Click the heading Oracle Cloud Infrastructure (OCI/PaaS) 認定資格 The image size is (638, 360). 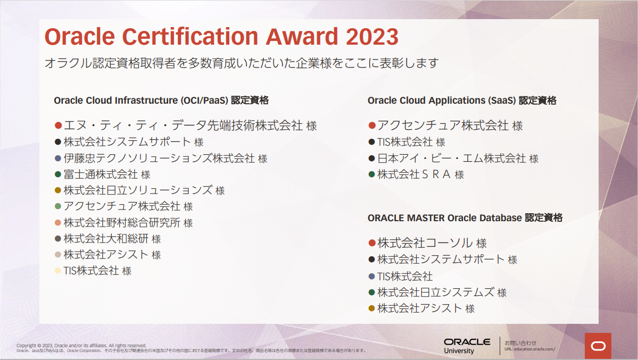click(161, 100)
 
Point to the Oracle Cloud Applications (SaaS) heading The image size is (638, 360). click(462, 100)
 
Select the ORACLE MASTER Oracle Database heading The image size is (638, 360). click(465, 217)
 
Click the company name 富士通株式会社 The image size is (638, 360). click(101, 174)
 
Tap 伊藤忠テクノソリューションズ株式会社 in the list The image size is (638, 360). click(159, 158)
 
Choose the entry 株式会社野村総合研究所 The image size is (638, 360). click(122, 222)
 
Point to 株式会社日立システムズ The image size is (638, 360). click(435, 292)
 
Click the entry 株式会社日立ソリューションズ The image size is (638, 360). click(138, 190)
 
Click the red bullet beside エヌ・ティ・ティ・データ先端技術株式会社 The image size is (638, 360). click(59, 125)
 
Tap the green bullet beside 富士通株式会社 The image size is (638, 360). click(57, 174)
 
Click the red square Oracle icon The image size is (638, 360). click(598, 346)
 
